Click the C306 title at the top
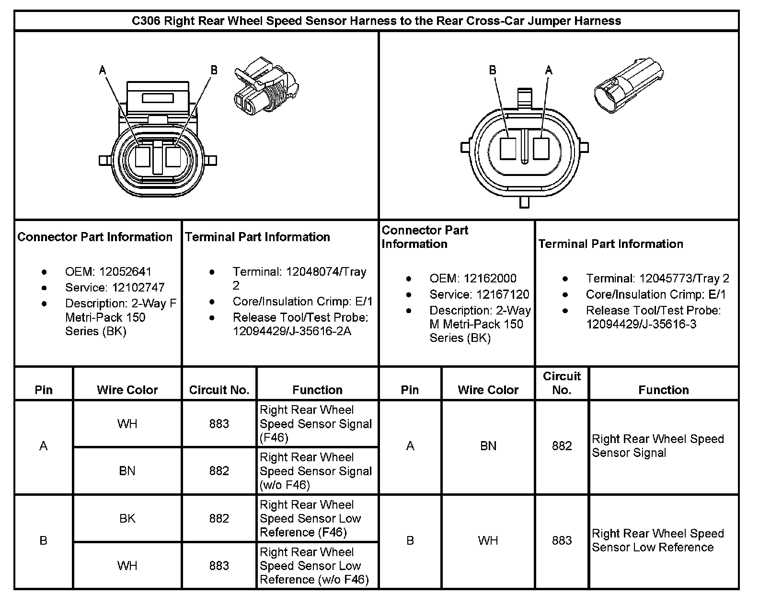click(x=376, y=21)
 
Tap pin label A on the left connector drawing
click(x=102, y=70)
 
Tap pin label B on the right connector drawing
click(x=493, y=70)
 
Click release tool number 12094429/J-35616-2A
click(x=292, y=331)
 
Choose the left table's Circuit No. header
click(x=219, y=390)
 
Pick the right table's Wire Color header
click(x=488, y=390)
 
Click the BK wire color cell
click(x=127, y=518)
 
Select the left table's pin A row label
click(x=44, y=446)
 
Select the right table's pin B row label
click(x=410, y=541)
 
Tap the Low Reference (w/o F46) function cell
click(x=317, y=566)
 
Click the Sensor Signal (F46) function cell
click(x=317, y=424)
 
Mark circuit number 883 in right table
click(x=562, y=541)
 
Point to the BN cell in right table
click(x=488, y=446)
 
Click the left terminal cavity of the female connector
click(x=143, y=156)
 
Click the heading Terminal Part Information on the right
click(x=610, y=244)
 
